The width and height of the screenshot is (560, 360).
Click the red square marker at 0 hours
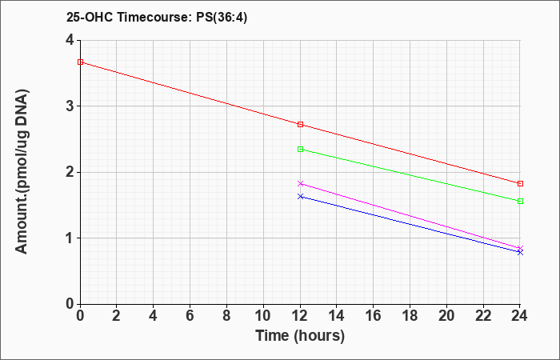click(80, 62)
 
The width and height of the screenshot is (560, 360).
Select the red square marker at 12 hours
click(300, 124)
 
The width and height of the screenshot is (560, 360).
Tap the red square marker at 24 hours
click(520, 183)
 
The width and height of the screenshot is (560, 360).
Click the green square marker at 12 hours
click(300, 150)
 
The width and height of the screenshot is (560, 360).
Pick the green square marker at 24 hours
click(520, 202)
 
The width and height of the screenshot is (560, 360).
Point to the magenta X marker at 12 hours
click(300, 183)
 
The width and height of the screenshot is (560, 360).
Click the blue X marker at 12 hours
click(300, 197)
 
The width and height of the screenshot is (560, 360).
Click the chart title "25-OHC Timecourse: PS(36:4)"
click(157, 18)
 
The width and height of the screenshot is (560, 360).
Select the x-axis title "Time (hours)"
click(300, 336)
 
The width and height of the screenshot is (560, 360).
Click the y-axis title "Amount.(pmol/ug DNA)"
click(22, 172)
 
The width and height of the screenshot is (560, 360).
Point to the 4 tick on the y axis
click(70, 40)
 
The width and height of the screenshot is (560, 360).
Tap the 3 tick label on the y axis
click(70, 106)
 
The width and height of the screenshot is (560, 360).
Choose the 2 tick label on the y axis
click(70, 172)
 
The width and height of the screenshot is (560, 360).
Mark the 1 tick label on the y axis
click(70, 238)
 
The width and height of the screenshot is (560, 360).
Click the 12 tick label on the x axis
click(300, 316)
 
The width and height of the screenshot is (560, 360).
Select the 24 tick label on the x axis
click(520, 316)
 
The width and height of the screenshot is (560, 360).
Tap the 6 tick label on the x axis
click(190, 316)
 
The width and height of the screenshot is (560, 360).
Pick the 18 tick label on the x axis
click(410, 316)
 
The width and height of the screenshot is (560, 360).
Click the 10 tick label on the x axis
click(263, 316)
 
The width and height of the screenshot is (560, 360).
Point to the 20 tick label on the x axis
click(446, 316)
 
